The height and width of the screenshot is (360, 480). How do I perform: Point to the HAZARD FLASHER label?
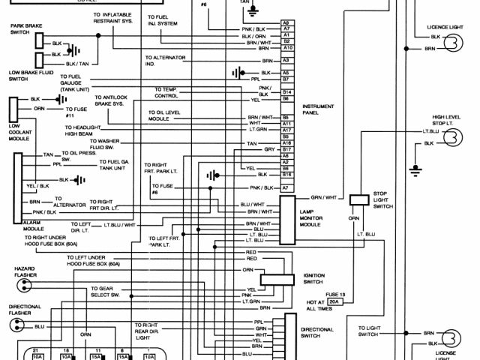(25, 271)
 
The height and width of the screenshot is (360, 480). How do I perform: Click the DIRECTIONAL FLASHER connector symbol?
(16, 326)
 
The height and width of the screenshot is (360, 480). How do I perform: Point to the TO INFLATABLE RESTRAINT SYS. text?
(115, 17)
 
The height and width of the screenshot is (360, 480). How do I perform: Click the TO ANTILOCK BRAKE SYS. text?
(109, 100)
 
